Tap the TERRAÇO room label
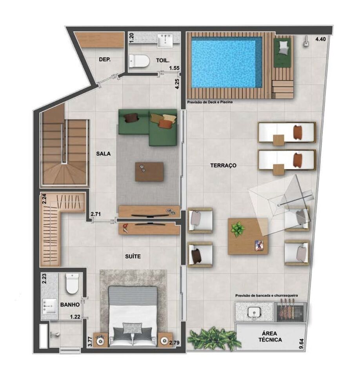click(223, 166)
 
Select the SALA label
click(104, 154)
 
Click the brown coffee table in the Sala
click(149, 172)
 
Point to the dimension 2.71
click(96, 214)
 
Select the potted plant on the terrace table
click(237, 229)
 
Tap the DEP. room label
click(104, 60)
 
